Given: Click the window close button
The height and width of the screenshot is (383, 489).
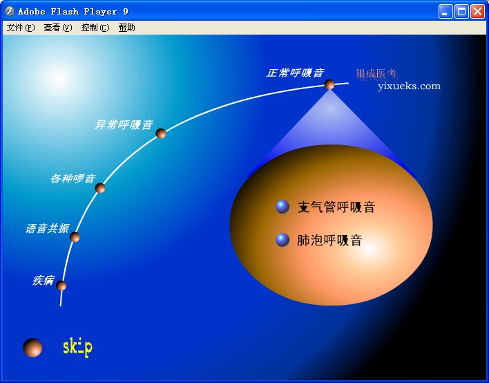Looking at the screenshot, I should click(x=477, y=11).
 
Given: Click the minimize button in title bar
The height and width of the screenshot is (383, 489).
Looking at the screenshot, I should click(x=445, y=11).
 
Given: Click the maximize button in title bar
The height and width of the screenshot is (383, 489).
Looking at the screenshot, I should click(x=461, y=11).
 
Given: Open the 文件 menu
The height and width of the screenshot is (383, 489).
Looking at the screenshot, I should click(x=20, y=28).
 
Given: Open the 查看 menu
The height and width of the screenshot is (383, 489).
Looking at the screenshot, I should click(x=57, y=28).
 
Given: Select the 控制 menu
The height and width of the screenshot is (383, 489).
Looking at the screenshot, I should click(x=95, y=28).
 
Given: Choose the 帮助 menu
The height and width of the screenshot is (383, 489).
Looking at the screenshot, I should click(x=126, y=28).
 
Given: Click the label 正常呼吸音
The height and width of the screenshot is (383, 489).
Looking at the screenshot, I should click(x=295, y=73).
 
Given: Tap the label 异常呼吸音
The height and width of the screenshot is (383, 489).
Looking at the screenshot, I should click(x=123, y=125).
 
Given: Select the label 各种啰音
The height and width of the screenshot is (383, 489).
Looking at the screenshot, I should click(x=73, y=178).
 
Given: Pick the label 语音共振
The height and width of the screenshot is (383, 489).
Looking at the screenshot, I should click(x=47, y=229).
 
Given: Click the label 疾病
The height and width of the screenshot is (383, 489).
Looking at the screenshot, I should click(x=43, y=280).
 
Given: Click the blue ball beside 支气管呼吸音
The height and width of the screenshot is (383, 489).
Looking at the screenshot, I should click(x=282, y=206).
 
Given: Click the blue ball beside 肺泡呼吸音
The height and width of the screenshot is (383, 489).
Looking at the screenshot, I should click(x=282, y=240).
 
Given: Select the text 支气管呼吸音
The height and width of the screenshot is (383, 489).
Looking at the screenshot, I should click(x=336, y=207).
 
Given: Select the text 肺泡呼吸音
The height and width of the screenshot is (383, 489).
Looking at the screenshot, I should click(x=329, y=241).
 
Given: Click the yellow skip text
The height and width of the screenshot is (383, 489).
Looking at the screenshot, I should click(x=77, y=346).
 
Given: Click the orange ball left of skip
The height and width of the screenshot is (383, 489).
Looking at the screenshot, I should click(x=32, y=348).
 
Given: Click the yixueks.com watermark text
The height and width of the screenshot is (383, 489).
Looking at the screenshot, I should click(x=409, y=86).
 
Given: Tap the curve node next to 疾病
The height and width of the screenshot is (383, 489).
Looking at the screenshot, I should click(x=61, y=286).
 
